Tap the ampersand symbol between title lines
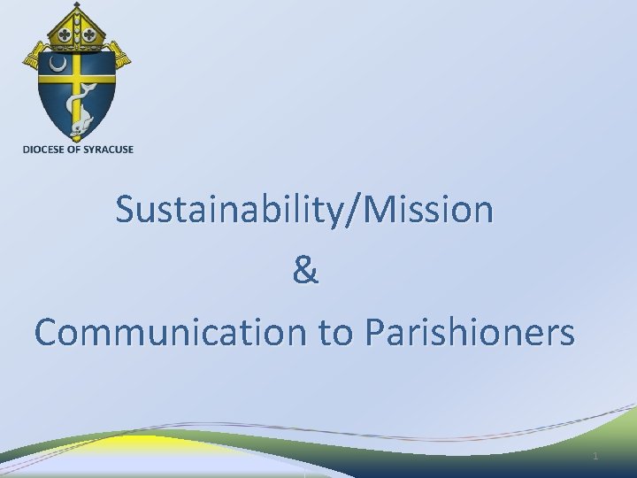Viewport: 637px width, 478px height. [x=306, y=271]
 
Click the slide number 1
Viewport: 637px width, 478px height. [x=595, y=456]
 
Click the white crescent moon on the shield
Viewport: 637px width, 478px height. [x=58, y=65]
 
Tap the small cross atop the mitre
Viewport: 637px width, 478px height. [x=77, y=5]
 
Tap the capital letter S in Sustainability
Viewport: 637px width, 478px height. [x=126, y=211]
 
